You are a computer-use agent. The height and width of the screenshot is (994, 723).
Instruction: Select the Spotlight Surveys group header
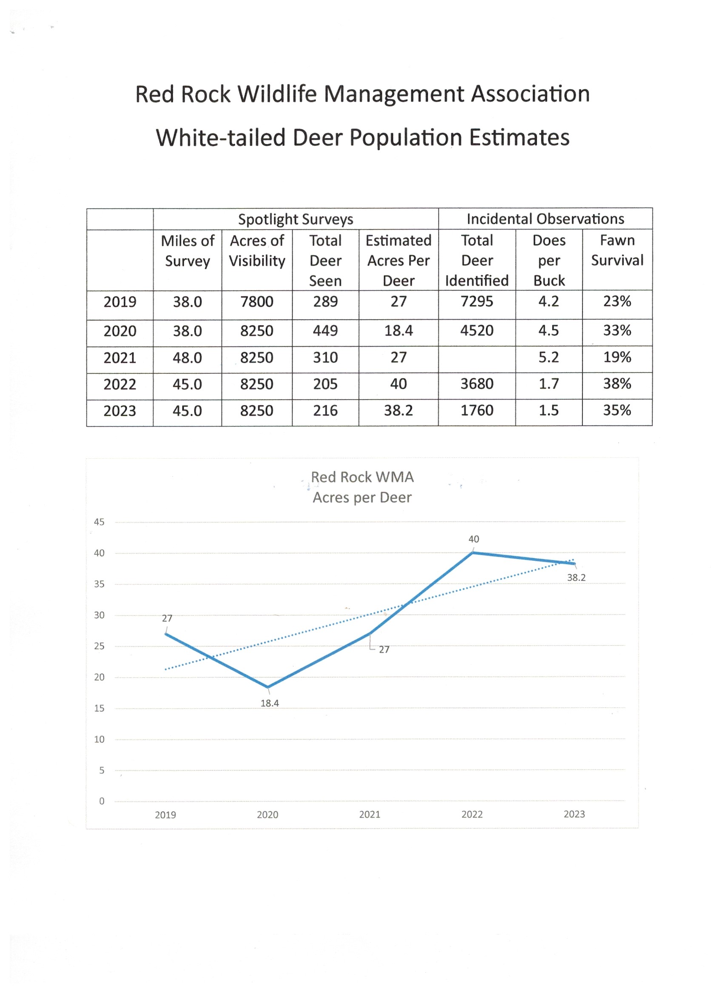[295, 219]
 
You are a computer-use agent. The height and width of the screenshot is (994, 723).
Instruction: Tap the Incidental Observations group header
[545, 219]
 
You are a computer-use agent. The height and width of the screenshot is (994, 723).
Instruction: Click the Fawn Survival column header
[617, 250]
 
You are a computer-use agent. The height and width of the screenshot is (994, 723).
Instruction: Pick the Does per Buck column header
[549, 260]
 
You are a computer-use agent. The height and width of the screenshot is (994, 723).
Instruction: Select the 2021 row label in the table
[120, 358]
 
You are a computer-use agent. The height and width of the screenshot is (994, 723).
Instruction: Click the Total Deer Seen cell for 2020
[325, 330]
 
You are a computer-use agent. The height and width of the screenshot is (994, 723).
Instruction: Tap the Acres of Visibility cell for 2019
[256, 301]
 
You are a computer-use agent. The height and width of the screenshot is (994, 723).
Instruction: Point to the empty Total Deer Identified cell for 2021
[477, 358]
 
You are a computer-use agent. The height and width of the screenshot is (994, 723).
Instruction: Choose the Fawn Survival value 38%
[617, 384]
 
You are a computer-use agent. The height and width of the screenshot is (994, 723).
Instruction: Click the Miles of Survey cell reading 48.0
[187, 358]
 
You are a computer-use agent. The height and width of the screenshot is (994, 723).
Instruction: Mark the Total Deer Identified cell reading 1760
[477, 411]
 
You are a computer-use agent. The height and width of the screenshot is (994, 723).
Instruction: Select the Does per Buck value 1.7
[549, 384]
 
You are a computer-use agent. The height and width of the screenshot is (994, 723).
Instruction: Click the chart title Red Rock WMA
[362, 477]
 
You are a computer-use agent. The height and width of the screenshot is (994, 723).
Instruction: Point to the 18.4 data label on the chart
[270, 704]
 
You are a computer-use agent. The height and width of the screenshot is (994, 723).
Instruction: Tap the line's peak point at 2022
[473, 553]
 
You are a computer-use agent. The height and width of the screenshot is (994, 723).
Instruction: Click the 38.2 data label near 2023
[576, 578]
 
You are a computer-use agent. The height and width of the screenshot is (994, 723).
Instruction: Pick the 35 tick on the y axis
[99, 584]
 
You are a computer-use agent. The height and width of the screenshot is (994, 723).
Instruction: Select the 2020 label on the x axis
[268, 815]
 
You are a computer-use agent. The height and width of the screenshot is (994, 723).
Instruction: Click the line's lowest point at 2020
[268, 687]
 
